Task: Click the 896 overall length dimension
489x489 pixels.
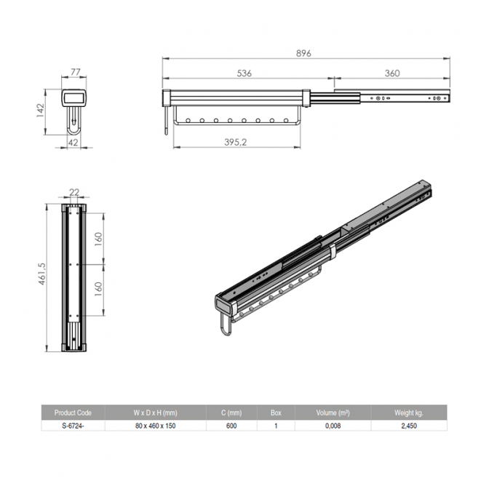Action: click(x=303, y=53)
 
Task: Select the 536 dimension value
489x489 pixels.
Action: click(x=244, y=73)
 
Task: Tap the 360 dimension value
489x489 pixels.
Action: click(x=392, y=73)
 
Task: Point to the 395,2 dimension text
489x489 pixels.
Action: click(x=236, y=142)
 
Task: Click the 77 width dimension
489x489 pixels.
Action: click(x=76, y=72)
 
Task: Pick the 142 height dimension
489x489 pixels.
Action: click(x=41, y=110)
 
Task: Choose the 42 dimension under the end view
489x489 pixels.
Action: click(x=73, y=143)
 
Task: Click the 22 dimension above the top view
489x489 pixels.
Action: click(x=74, y=192)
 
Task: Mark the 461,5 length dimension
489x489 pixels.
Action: click(x=41, y=274)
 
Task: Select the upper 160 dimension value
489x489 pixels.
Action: click(x=98, y=239)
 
